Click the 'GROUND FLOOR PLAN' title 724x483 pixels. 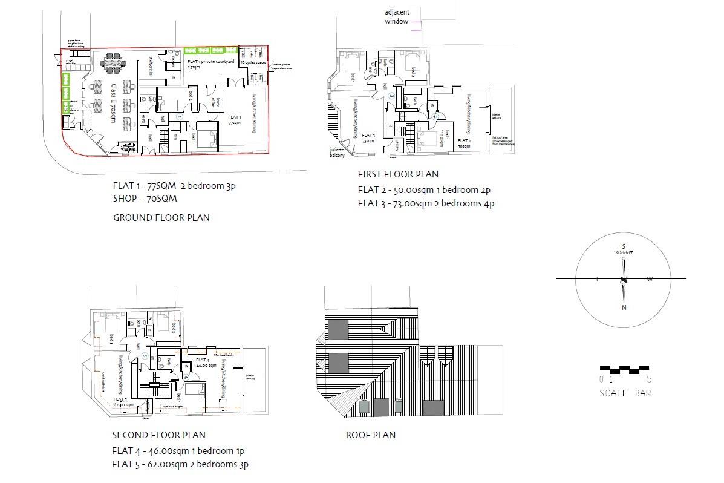click(161, 217)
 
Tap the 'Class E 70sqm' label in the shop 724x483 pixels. click(113, 103)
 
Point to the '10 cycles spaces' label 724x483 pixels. click(253, 62)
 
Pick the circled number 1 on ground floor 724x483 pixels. click(180, 116)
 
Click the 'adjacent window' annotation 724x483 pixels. click(397, 17)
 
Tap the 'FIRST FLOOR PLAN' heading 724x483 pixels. click(398, 174)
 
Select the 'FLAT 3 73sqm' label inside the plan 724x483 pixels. click(369, 139)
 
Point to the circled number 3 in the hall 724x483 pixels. click(391, 96)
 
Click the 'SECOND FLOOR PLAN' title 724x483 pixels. click(158, 435)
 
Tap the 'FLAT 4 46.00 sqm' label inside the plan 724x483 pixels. click(206, 363)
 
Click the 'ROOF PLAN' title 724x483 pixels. click(370, 435)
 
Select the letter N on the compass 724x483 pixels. click(623, 307)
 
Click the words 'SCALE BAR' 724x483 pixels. click(625, 393)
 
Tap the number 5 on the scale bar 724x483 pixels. click(650, 379)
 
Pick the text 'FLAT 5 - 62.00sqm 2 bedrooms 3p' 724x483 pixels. click(180, 464)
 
